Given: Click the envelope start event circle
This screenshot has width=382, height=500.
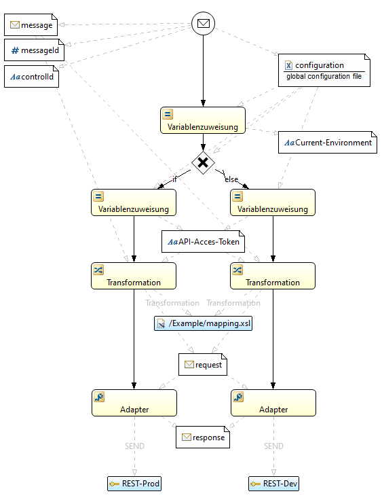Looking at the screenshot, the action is pos(204,23).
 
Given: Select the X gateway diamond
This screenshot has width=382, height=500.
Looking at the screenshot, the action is pos(203,162).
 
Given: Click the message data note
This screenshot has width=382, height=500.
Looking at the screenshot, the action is pos(31,24).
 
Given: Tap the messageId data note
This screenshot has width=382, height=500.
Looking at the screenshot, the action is pos(34,50).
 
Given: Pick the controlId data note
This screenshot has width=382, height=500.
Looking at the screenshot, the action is pos(31,77).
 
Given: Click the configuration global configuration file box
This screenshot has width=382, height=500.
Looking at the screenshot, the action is pos(324,70).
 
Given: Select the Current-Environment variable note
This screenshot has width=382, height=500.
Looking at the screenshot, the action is pos(328,142).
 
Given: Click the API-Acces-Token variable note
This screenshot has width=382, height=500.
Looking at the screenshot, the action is pos(204,242).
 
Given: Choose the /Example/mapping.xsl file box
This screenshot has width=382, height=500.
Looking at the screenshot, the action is pos(204,323).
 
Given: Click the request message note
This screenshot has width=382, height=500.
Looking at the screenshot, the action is pos(203,365).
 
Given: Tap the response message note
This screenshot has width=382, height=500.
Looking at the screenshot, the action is pos(203,437).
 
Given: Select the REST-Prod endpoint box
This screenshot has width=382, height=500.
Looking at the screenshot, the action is pos(134,484).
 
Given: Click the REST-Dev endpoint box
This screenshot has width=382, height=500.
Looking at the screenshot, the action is pos(273,484).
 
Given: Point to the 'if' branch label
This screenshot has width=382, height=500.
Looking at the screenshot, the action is pos(174,179).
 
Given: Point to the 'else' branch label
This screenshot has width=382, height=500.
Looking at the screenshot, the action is pos(231,179).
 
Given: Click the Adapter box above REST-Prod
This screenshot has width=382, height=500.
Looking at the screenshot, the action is pos(134,403).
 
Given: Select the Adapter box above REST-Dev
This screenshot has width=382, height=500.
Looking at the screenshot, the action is pos(273,403).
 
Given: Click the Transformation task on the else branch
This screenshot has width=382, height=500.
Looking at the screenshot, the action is pos(273,276).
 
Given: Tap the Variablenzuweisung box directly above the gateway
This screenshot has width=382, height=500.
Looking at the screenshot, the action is pos(203,120).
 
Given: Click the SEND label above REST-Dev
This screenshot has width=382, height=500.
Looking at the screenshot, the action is pos(273,446).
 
